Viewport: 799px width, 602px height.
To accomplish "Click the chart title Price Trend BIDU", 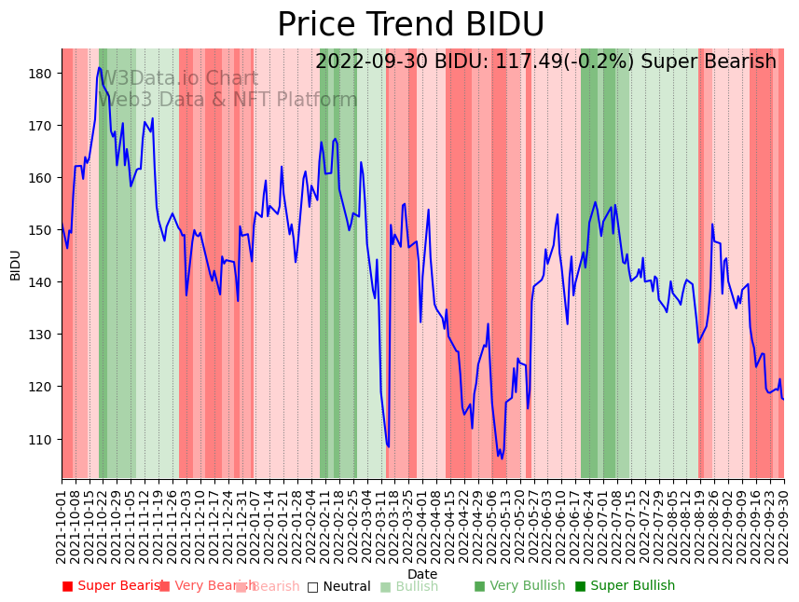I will [410, 25].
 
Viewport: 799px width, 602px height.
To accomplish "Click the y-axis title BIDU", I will [15, 265].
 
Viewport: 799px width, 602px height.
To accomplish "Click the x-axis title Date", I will [422, 574].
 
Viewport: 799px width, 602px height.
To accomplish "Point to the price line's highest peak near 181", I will [100, 67].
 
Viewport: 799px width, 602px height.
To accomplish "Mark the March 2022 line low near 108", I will [388, 446].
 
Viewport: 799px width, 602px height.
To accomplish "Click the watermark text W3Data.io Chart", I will [178, 79].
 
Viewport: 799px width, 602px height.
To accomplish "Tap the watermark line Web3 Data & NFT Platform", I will [227, 100].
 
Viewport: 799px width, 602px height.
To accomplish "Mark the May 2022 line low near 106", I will [502, 457].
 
